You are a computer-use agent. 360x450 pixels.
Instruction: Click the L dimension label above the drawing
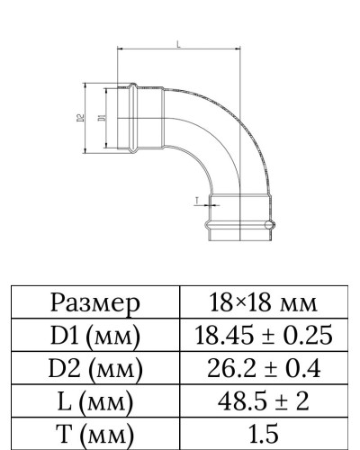[178, 43]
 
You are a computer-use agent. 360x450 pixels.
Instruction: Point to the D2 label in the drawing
[81, 117]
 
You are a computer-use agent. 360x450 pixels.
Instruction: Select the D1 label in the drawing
[99, 117]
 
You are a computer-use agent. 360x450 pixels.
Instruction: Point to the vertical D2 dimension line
[87, 117]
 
